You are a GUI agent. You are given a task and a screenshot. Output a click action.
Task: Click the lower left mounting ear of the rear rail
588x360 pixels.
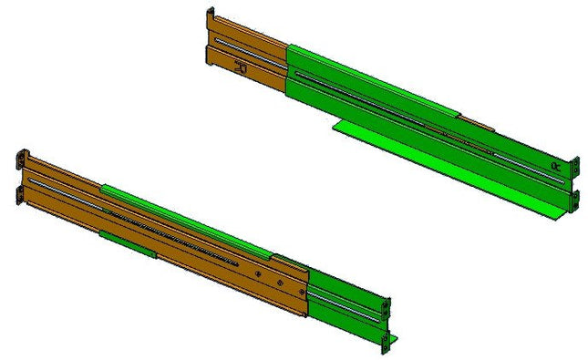210,55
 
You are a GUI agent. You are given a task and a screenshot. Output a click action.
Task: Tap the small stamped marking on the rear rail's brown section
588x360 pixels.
242,67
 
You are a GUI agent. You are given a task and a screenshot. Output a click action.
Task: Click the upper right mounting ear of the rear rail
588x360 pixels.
574,167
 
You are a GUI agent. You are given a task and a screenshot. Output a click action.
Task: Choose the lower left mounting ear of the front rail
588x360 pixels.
21,194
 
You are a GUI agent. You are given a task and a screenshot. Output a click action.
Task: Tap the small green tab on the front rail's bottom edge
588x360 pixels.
126,242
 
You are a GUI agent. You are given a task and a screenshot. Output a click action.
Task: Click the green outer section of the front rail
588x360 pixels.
346,305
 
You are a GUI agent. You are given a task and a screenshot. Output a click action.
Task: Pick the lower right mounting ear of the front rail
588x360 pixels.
391,341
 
